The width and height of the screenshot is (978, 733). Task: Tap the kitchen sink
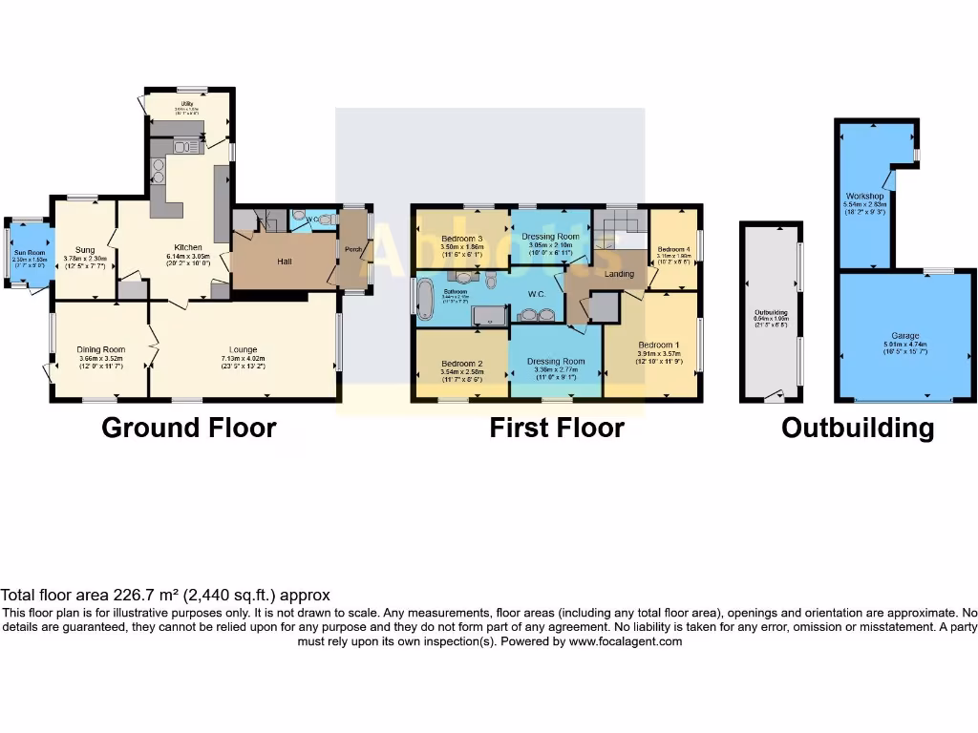(183, 146)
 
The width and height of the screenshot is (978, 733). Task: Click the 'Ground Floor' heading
(188, 428)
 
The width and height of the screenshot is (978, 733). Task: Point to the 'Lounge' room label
(243, 349)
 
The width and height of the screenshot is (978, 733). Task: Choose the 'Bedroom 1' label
(658, 345)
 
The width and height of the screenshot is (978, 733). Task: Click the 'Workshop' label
(863, 196)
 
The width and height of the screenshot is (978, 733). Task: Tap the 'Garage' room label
(905, 336)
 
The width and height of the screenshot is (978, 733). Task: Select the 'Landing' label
(620, 275)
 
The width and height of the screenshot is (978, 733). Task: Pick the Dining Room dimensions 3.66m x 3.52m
(100, 358)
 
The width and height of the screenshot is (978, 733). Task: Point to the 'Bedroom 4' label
(673, 249)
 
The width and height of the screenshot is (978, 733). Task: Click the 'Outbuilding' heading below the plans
(857, 428)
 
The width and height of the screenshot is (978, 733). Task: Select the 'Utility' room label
(187, 103)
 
